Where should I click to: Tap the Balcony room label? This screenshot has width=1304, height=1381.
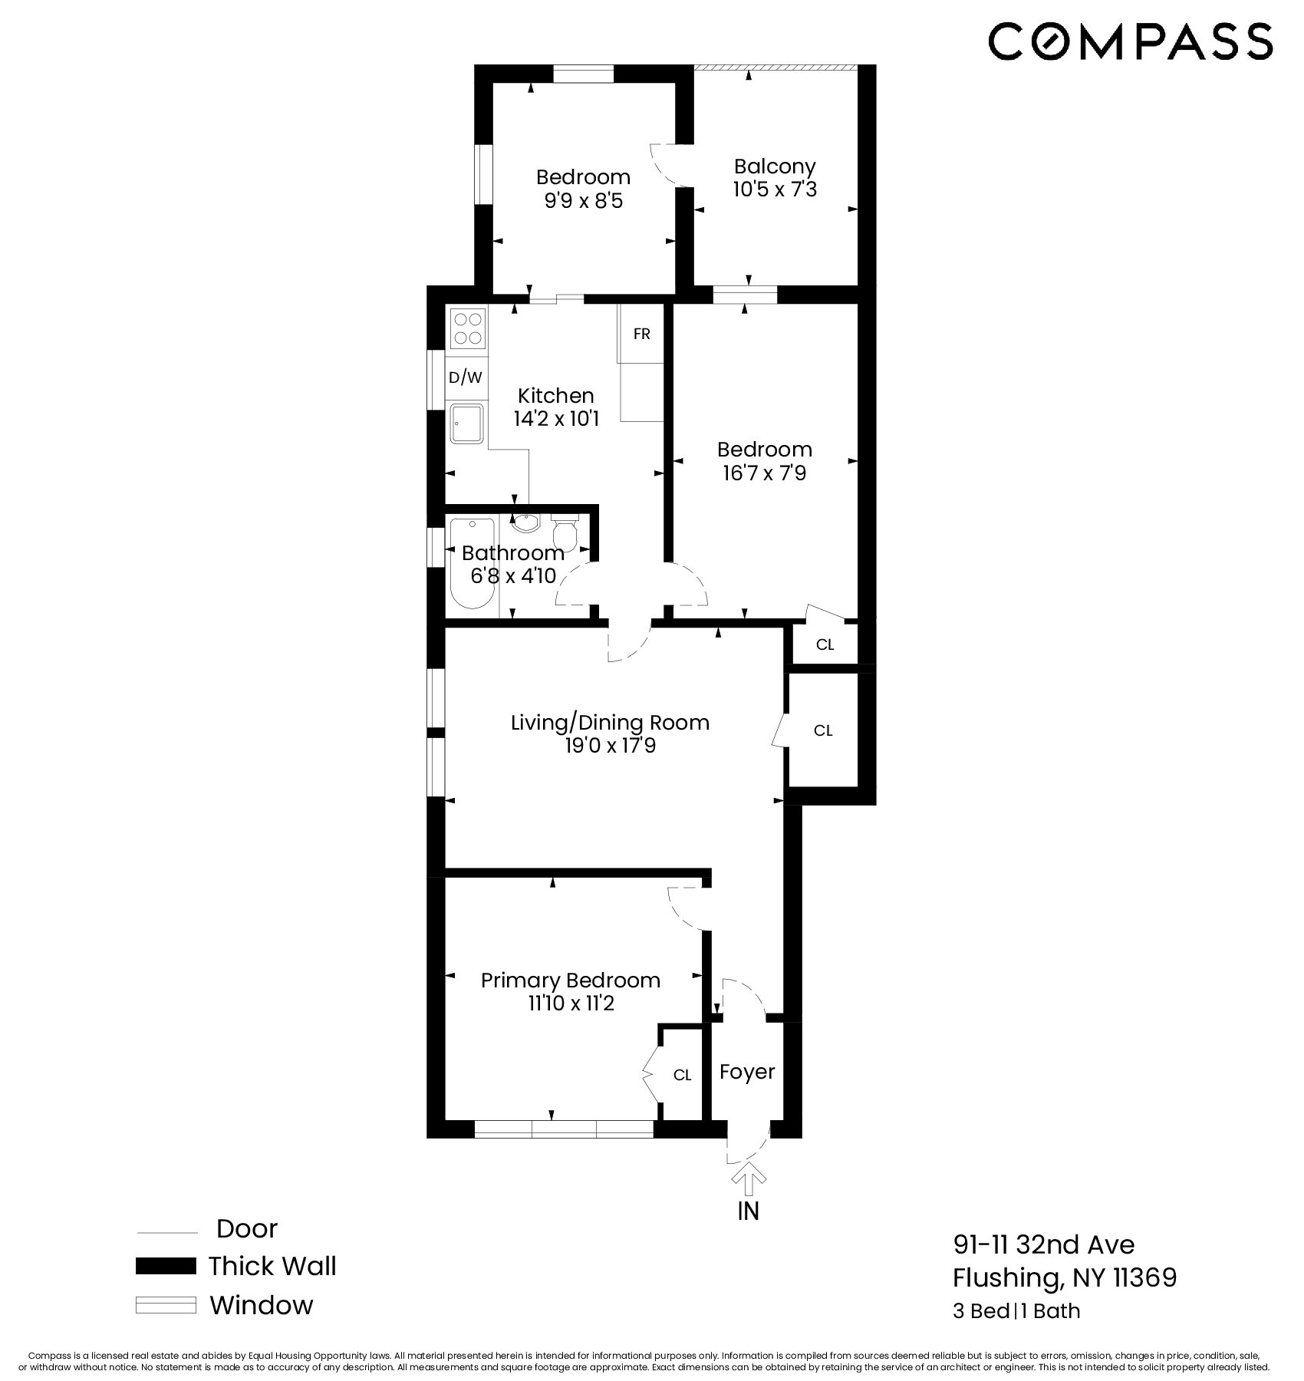tap(774, 166)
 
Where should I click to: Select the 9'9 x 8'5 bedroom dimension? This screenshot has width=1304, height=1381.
tap(583, 200)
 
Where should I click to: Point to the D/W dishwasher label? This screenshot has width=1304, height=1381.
tap(465, 377)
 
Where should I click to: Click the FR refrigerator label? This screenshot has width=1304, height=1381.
tap(641, 334)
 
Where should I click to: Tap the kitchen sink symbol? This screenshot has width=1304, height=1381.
tap(467, 424)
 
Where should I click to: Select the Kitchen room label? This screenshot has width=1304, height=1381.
tap(555, 396)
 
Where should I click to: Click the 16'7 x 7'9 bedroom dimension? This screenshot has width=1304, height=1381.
tap(764, 473)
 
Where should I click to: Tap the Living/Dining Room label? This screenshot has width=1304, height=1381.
tap(610, 722)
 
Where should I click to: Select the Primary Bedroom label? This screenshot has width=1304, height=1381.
tap(570, 980)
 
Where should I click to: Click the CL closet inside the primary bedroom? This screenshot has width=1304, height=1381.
tap(682, 1075)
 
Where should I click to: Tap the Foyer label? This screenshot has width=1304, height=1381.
tap(746, 1071)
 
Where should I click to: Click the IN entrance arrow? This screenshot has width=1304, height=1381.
tap(748, 1183)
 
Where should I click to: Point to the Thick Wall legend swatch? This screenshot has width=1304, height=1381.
tap(166, 1266)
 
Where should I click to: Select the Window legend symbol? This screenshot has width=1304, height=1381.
tap(166, 1305)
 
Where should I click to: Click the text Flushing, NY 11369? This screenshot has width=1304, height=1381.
tap(1064, 1277)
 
